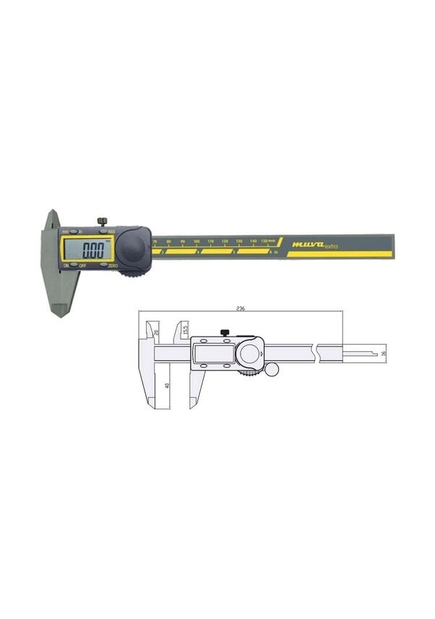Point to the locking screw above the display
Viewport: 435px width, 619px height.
tap(103, 220)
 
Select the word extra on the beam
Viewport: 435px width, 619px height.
tap(328, 246)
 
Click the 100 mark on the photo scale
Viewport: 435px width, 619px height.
tap(197, 241)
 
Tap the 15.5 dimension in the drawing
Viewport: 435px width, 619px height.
tap(186, 329)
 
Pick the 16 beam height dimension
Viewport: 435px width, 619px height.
tap(384, 352)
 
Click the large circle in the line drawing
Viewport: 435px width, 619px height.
tap(250, 354)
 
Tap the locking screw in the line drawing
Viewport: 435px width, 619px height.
tap(225, 332)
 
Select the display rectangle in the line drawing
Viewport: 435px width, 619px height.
tap(212, 354)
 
